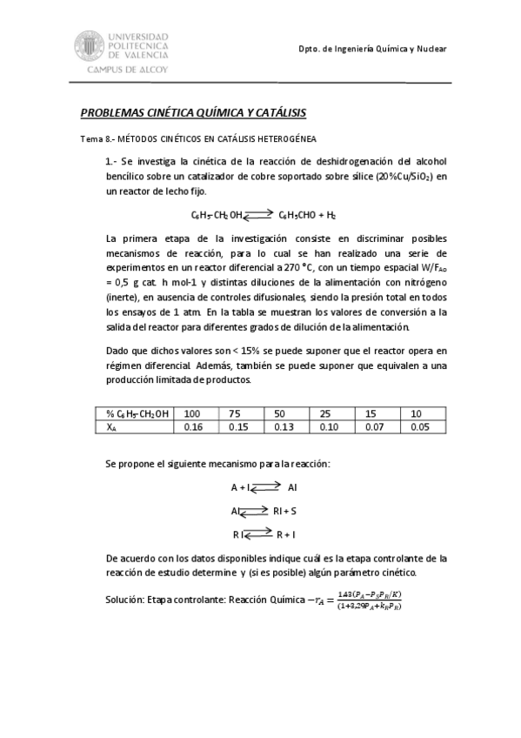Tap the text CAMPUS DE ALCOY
point(125,68)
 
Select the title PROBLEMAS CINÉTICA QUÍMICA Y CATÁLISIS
point(193,114)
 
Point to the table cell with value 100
point(192,413)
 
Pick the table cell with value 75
point(235,413)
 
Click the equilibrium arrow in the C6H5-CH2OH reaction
point(259,213)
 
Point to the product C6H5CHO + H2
point(307,214)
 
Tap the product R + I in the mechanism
point(286,533)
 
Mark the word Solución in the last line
point(124,600)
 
